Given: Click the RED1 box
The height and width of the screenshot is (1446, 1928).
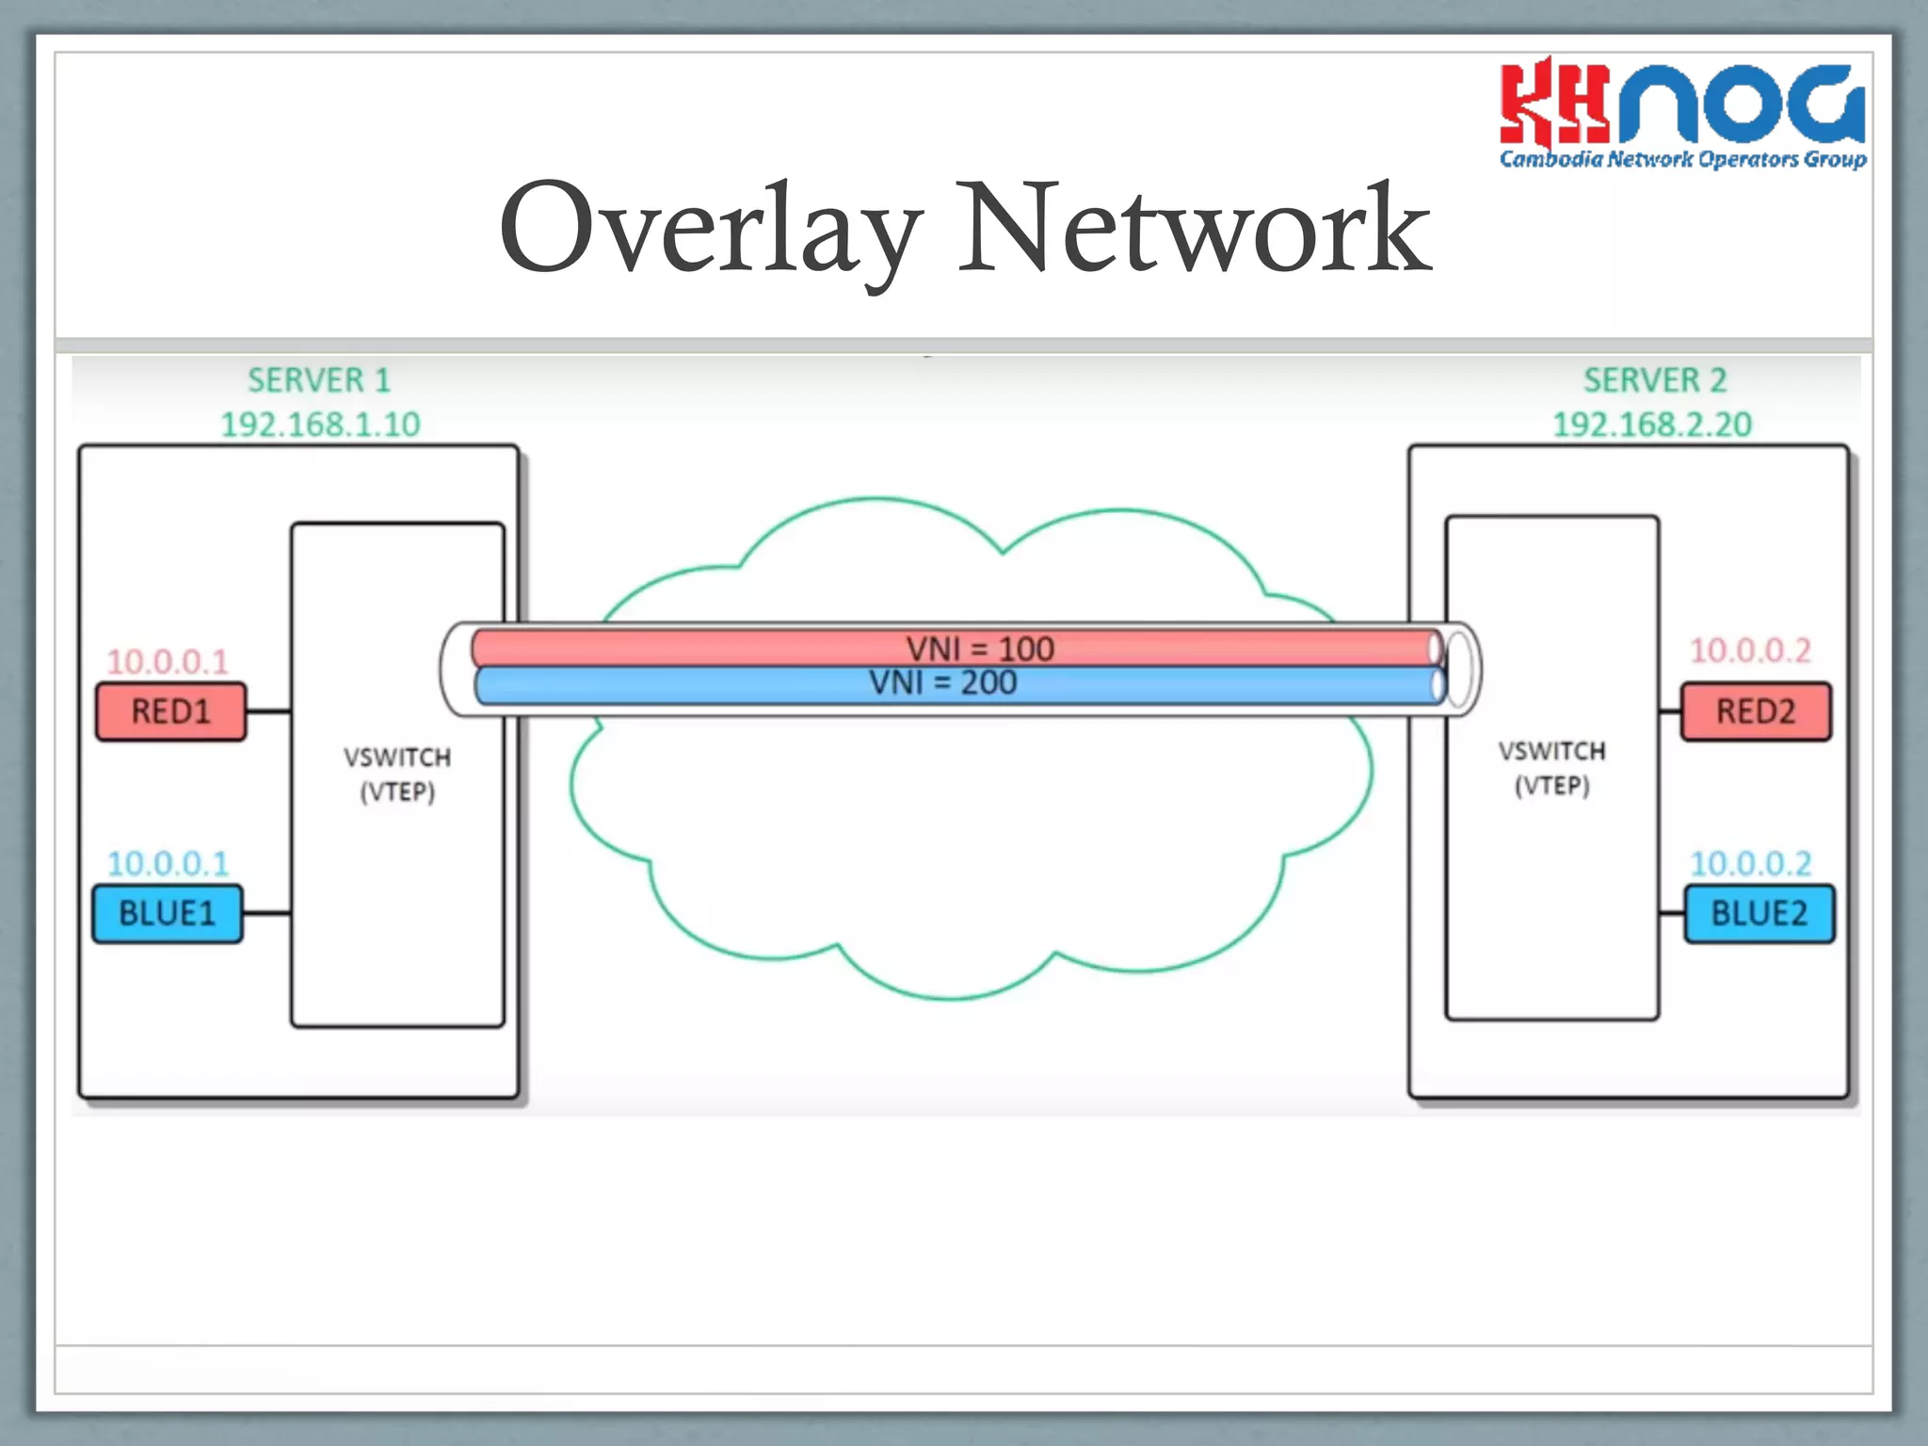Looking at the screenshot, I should tap(170, 712).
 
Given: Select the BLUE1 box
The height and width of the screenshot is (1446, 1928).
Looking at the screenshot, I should tap(168, 913).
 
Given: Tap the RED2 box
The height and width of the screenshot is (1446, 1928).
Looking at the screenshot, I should tap(1756, 712).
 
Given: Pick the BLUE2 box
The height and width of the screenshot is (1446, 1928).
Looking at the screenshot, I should tap(1759, 913).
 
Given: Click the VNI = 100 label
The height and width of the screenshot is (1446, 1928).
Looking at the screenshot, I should tap(980, 649).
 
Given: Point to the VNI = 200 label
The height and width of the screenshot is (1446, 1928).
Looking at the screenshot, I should tap(942, 683).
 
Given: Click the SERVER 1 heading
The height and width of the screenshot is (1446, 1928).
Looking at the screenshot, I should tap(319, 380).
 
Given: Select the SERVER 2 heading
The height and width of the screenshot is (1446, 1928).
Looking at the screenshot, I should tap(1655, 380).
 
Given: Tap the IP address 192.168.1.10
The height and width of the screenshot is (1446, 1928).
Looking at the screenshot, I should tap(320, 425).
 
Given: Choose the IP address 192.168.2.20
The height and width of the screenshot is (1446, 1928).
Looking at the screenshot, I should tap(1652, 425).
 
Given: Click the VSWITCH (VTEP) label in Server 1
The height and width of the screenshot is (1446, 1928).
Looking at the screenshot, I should tap(397, 774).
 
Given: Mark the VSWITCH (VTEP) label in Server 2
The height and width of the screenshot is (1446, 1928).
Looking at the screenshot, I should tap(1552, 768).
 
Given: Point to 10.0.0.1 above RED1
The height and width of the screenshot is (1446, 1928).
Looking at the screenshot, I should tap(168, 662).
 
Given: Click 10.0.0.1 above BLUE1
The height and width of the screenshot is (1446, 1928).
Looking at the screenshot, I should tap(168, 863).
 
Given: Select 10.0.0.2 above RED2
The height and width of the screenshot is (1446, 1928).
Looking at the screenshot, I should tap(1750, 651).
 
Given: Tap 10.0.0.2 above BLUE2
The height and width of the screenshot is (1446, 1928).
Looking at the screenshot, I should tap(1750, 863).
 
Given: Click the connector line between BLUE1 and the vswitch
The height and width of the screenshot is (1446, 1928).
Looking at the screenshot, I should tap(267, 913).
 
